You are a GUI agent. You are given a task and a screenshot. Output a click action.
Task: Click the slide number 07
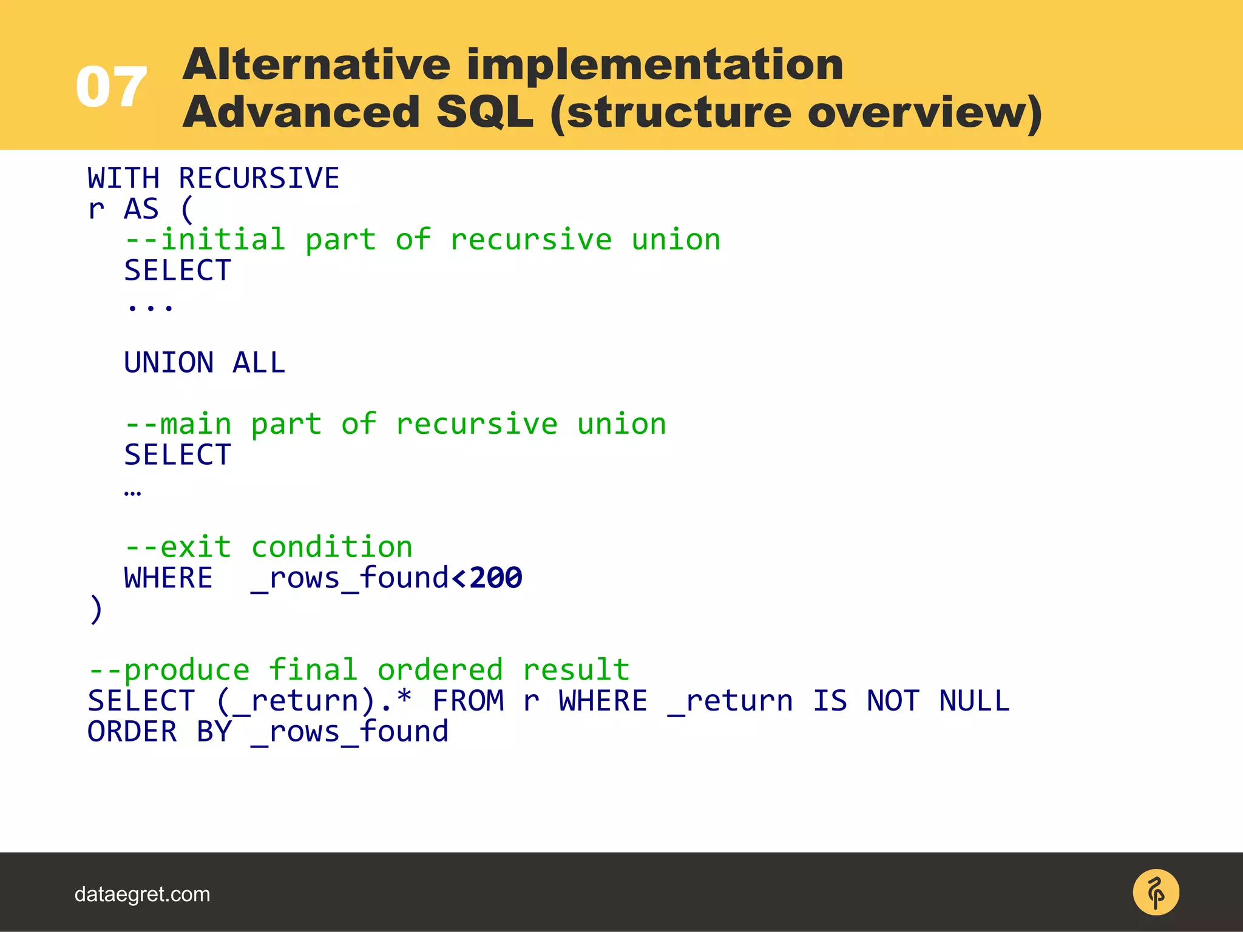pyautogui.click(x=111, y=87)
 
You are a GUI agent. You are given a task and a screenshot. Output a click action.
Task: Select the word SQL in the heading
pyautogui.click(x=484, y=112)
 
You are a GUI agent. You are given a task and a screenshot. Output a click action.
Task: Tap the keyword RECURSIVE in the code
pyautogui.click(x=259, y=178)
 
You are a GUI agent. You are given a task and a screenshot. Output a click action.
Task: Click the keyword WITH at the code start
pyautogui.click(x=123, y=178)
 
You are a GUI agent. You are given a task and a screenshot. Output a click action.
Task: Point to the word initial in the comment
pyautogui.click(x=222, y=240)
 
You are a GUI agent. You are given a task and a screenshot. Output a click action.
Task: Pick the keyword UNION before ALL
pyautogui.click(x=169, y=363)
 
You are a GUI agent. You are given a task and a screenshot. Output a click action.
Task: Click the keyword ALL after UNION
pyautogui.click(x=259, y=363)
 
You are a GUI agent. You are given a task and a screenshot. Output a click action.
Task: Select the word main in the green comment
pyautogui.click(x=195, y=424)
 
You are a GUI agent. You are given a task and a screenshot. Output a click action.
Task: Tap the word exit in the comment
pyautogui.click(x=195, y=547)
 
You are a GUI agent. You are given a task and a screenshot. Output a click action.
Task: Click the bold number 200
pyautogui.click(x=495, y=578)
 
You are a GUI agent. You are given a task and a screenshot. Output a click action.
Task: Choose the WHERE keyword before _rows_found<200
pyautogui.click(x=168, y=578)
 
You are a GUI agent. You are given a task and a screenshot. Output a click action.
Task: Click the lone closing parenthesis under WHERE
pyautogui.click(x=96, y=609)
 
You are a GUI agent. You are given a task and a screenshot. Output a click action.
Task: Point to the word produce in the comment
pyautogui.click(x=186, y=670)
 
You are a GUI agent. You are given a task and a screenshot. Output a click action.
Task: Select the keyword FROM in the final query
pyautogui.click(x=468, y=701)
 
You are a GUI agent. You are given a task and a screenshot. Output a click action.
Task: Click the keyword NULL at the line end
pyautogui.click(x=974, y=701)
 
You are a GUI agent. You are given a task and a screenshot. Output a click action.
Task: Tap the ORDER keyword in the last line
pyautogui.click(x=132, y=732)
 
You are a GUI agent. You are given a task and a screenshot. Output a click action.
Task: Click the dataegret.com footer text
pyautogui.click(x=142, y=894)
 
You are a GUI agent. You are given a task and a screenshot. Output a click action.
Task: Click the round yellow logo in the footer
pyautogui.click(x=1156, y=893)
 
